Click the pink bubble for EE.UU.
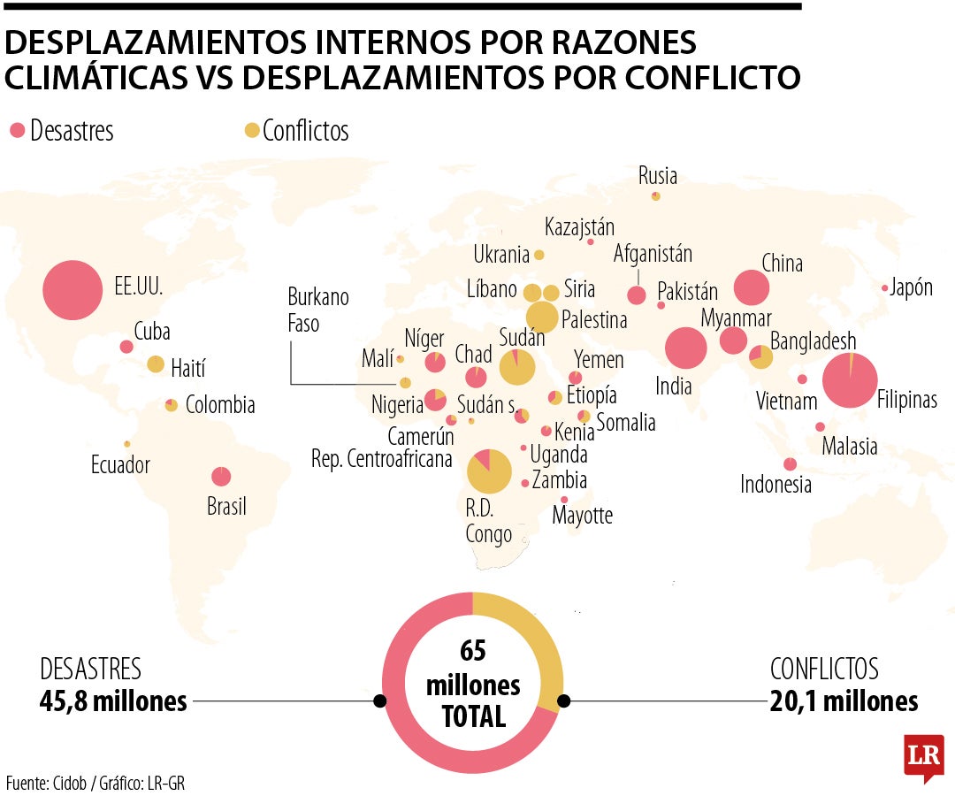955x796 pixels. (73, 290)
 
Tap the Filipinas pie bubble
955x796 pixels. (850, 380)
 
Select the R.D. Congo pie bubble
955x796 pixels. (489, 471)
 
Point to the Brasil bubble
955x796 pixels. (221, 477)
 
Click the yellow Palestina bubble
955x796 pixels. (542, 317)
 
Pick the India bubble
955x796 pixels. (686, 348)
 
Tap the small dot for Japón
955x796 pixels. (884, 288)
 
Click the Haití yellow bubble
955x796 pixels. (156, 364)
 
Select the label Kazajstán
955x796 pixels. (579, 226)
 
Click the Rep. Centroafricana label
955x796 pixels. (382, 459)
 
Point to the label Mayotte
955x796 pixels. (582, 515)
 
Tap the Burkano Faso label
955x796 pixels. (318, 310)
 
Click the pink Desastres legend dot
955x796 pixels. (17, 131)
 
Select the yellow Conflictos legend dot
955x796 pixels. (252, 131)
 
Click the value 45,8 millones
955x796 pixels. (113, 701)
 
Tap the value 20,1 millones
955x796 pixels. (844, 701)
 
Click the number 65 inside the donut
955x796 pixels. (473, 651)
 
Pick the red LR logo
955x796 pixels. (923, 756)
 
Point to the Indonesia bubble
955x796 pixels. (790, 464)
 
